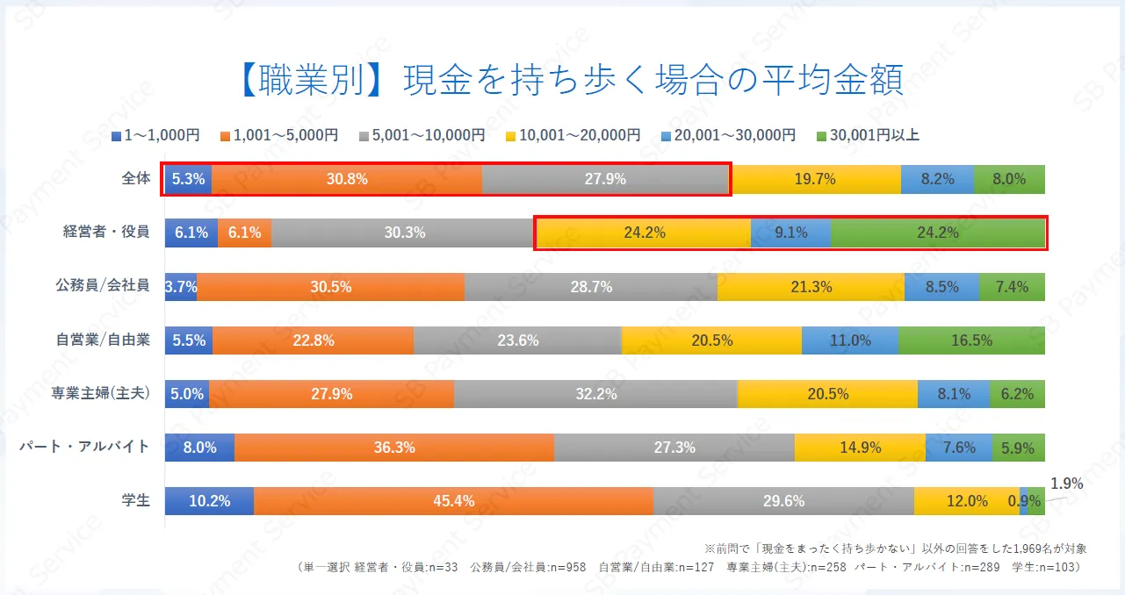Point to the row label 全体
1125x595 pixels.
pos(136,179)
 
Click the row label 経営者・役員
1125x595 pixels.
pos(106,233)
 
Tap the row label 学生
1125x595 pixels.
pos(136,501)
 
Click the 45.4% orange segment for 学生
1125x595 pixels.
pos(453,501)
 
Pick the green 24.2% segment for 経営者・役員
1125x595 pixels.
pos(937,233)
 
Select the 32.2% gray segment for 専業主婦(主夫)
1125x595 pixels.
pos(595,394)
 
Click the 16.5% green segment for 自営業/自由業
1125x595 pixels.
pos(971,341)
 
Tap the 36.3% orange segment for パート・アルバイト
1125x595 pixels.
pos(393,448)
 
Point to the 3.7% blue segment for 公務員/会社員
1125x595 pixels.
pos(181,287)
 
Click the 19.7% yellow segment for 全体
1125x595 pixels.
pos(815,179)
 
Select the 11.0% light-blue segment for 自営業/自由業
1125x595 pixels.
pos(850,341)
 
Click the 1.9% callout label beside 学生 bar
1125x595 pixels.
pos(1067,484)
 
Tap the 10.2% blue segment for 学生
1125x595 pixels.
pos(209,501)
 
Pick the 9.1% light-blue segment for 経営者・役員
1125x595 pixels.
pos(790,233)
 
